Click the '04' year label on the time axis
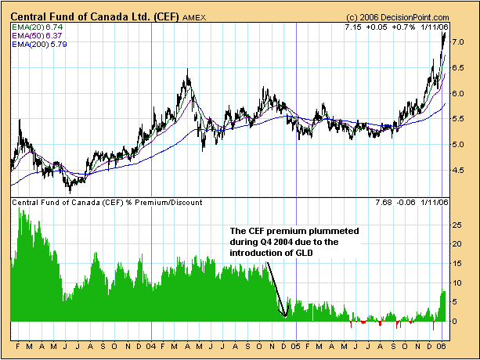(151, 345)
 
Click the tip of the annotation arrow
(285, 316)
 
